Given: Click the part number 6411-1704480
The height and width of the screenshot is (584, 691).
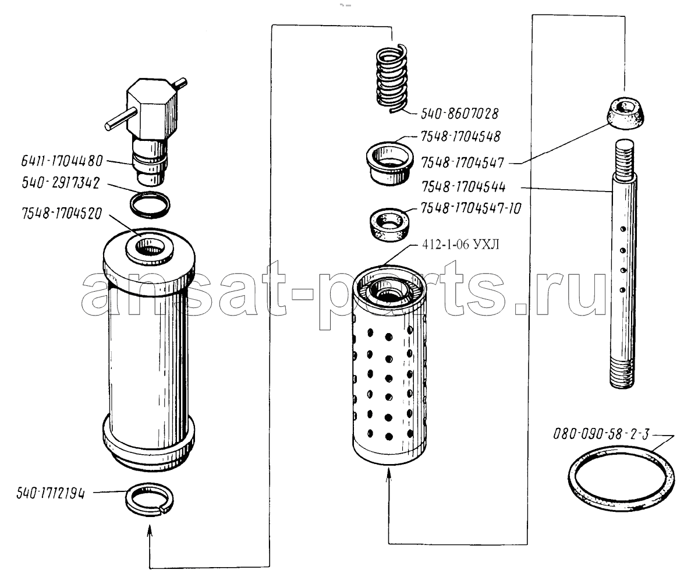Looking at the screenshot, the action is coord(62,161).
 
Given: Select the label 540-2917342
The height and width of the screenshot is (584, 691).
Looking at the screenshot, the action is coord(61,183).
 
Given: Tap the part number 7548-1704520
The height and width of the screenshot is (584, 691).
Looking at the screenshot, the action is coord(62,214).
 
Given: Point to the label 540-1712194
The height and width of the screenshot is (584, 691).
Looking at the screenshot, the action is coord(51,493).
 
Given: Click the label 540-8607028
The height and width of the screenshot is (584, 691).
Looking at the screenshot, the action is coord(460,114).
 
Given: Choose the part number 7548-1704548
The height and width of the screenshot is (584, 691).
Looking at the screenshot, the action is coord(460,137).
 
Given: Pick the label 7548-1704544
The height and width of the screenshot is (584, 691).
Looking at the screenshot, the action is coord(463,187).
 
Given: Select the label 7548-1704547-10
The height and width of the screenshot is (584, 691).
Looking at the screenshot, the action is coord(471,208).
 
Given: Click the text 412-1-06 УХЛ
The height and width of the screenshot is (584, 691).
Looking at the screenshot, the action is coord(460,245).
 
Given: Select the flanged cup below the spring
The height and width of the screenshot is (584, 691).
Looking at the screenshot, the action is coord(390,164).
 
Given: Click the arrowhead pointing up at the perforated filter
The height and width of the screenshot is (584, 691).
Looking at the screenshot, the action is coord(389,475).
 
